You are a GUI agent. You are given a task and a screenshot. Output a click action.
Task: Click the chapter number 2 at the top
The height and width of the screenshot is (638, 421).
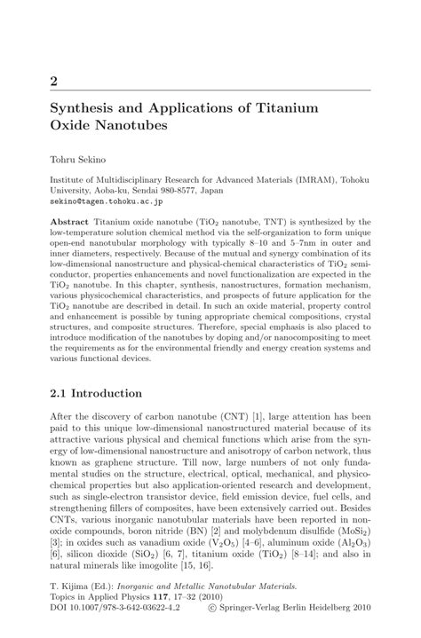click(x=54, y=81)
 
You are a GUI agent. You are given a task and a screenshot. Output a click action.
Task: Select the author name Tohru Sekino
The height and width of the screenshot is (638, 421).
click(x=81, y=161)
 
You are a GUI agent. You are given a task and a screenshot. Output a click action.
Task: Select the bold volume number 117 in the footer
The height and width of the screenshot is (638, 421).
click(x=166, y=599)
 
